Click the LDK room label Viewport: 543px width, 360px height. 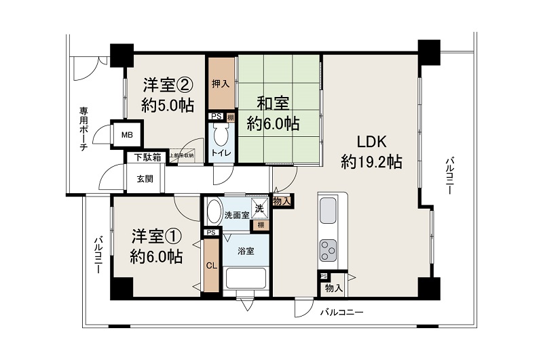371,142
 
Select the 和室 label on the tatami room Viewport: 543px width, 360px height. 272,104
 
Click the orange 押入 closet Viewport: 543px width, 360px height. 221,85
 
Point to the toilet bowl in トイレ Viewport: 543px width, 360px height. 221,138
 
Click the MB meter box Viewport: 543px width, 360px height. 127,135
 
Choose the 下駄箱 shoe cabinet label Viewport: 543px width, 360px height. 147,158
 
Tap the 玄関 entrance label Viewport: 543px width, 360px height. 145,179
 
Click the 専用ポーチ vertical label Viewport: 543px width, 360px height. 84,129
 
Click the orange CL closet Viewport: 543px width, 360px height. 211,265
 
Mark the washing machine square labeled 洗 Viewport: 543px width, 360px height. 258,209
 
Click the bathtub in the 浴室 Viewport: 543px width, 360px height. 245,279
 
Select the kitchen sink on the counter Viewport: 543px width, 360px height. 329,207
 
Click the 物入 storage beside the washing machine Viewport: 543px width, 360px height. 282,201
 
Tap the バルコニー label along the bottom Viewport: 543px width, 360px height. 342,313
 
